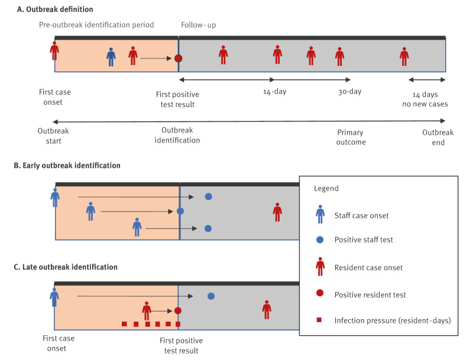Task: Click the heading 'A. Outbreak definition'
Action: coord(55,9)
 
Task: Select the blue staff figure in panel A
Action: coord(111,57)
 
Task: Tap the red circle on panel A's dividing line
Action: coord(179,58)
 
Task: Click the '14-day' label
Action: coord(274,92)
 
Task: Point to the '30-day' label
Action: coord(349,92)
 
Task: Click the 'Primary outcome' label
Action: coord(351,137)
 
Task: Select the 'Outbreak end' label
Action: coord(438,137)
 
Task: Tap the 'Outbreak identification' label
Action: coord(177,135)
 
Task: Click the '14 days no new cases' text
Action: coord(425,99)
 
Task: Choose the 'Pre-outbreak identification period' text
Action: coord(96,25)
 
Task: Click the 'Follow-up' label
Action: coord(199,25)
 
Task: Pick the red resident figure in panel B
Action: coord(277,212)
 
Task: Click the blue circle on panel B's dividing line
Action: coord(180,211)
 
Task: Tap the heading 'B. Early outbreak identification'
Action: coord(67,166)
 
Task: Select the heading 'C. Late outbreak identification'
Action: coord(66,267)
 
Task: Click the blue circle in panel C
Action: coord(211,296)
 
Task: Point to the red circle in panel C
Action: coord(178,311)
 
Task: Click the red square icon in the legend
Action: coord(319,320)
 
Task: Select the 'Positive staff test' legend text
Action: coord(364,239)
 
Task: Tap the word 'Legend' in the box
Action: coord(326,189)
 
